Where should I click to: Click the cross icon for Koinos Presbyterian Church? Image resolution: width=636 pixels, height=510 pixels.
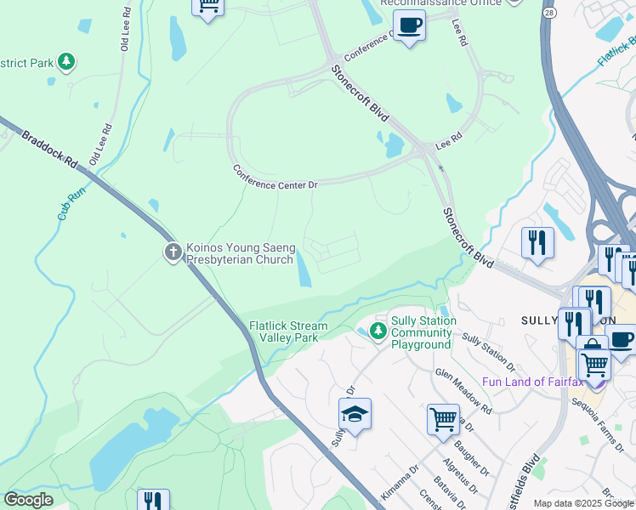pos(173,252)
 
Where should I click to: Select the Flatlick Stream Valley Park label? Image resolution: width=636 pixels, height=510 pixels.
pos(288,331)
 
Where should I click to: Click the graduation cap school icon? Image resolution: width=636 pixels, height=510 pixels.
pos(355,413)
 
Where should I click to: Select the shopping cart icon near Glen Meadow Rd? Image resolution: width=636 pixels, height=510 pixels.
pos(443,418)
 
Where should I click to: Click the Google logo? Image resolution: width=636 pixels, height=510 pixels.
pos(28,500)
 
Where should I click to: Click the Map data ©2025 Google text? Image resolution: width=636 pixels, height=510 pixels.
pos(583,503)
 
